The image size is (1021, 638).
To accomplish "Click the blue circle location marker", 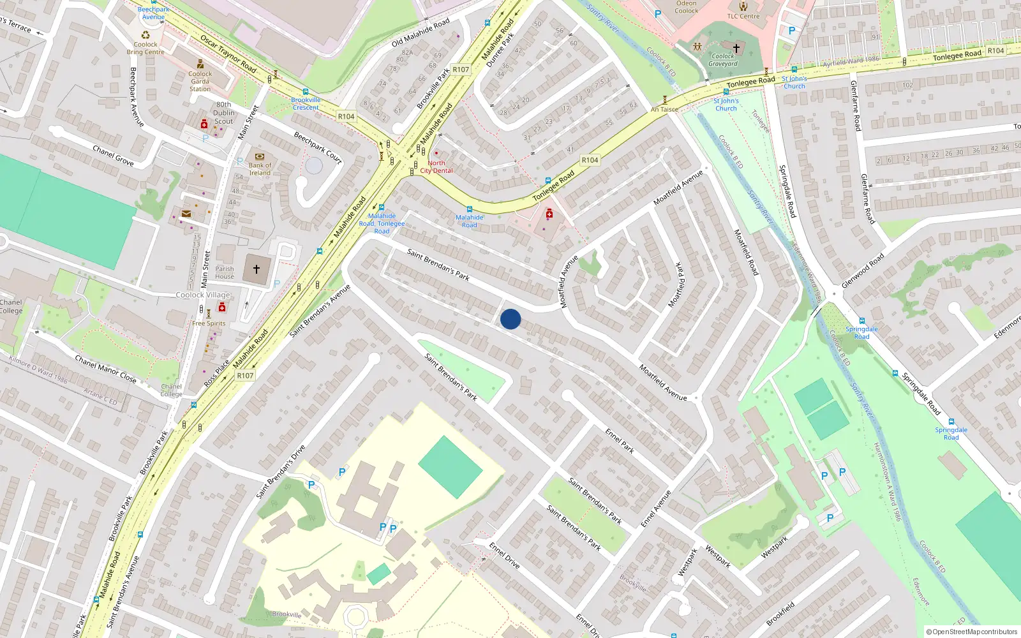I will pos(511,319).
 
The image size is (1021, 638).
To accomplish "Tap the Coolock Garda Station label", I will pos(200,81).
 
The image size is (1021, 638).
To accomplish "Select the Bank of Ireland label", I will pos(260,169).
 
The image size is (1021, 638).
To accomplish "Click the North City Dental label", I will pos(436,167).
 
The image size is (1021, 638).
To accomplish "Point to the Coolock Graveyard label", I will pos(723,60).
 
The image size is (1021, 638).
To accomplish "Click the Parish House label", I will pos(225,272).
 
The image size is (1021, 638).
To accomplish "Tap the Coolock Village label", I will pos(203,295).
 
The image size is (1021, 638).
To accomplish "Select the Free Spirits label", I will pos(209,323).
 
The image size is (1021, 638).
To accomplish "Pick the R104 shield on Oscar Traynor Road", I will pos(346,116).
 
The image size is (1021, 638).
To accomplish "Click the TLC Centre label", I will pos(743,16).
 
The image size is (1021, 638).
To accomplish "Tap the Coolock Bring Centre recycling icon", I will pos(145,35).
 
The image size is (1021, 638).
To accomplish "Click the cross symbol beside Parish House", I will pos(257,269).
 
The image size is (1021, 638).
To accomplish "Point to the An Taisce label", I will pos(664,109).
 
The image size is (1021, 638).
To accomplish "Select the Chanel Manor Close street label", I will pos(106,369).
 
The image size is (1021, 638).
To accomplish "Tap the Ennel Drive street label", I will pos(504,555).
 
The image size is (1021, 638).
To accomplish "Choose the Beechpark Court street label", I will pos(318,147).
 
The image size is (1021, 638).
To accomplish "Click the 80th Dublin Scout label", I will pos(224,113).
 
